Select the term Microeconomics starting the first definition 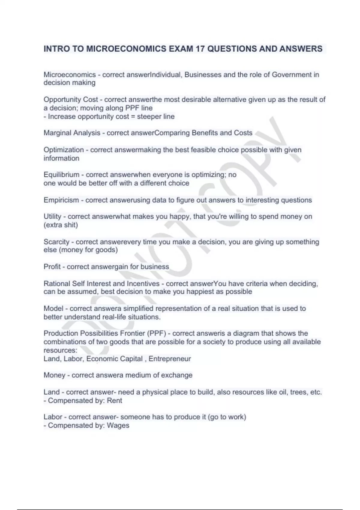(x=70, y=74)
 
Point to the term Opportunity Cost (x=71, y=100)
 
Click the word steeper (x=149, y=116)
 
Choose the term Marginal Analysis (x=72, y=133)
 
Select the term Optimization (x=64, y=150)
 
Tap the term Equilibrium (x=61, y=175)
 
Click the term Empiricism (x=61, y=200)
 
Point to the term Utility (x=52, y=216)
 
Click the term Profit (x=52, y=267)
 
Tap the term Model (x=53, y=308)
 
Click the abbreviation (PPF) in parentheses (x=156, y=333)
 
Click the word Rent (x=115, y=400)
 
